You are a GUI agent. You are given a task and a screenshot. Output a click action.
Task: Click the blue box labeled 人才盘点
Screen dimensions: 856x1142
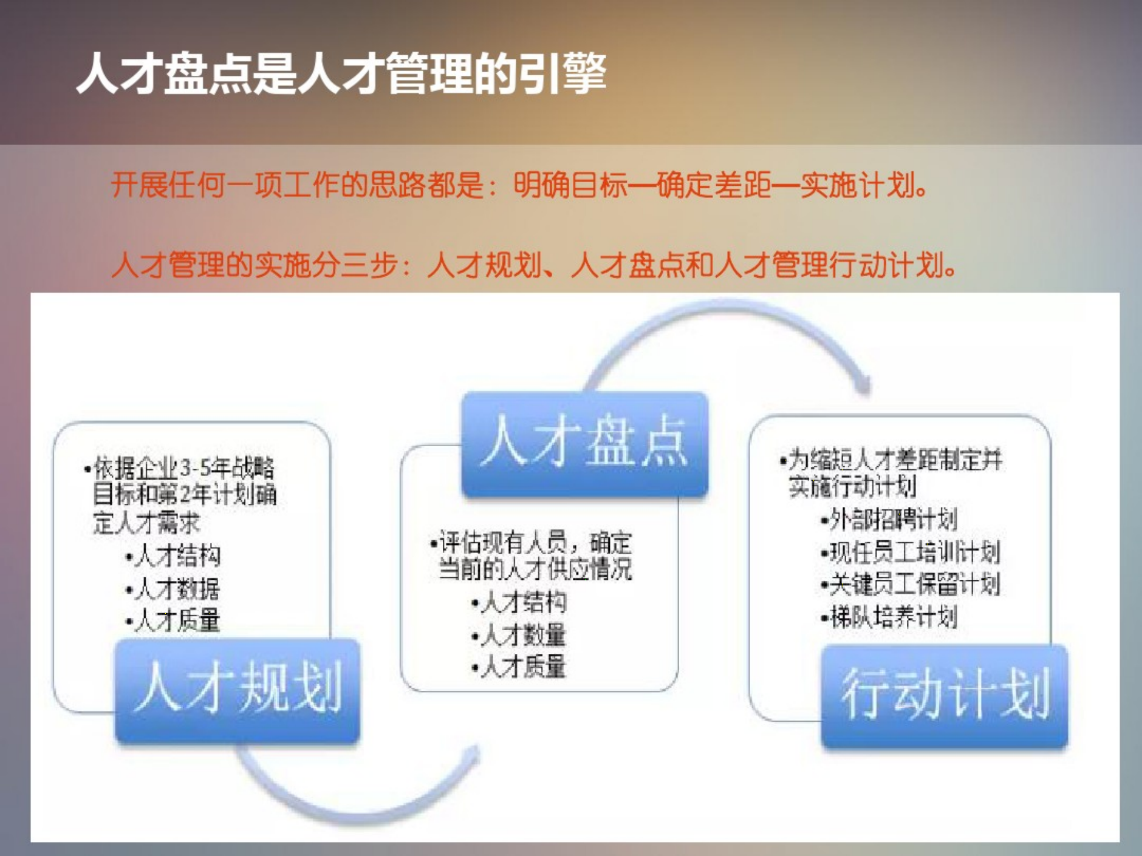click(x=584, y=443)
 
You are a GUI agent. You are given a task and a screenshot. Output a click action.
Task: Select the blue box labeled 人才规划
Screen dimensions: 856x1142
click(x=238, y=690)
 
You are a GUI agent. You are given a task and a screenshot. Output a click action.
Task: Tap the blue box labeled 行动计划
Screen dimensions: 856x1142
click(x=944, y=695)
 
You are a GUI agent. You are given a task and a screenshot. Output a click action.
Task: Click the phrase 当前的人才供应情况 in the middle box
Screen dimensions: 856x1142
click(x=535, y=569)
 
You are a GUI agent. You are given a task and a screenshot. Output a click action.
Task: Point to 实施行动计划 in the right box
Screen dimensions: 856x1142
click(x=852, y=486)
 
